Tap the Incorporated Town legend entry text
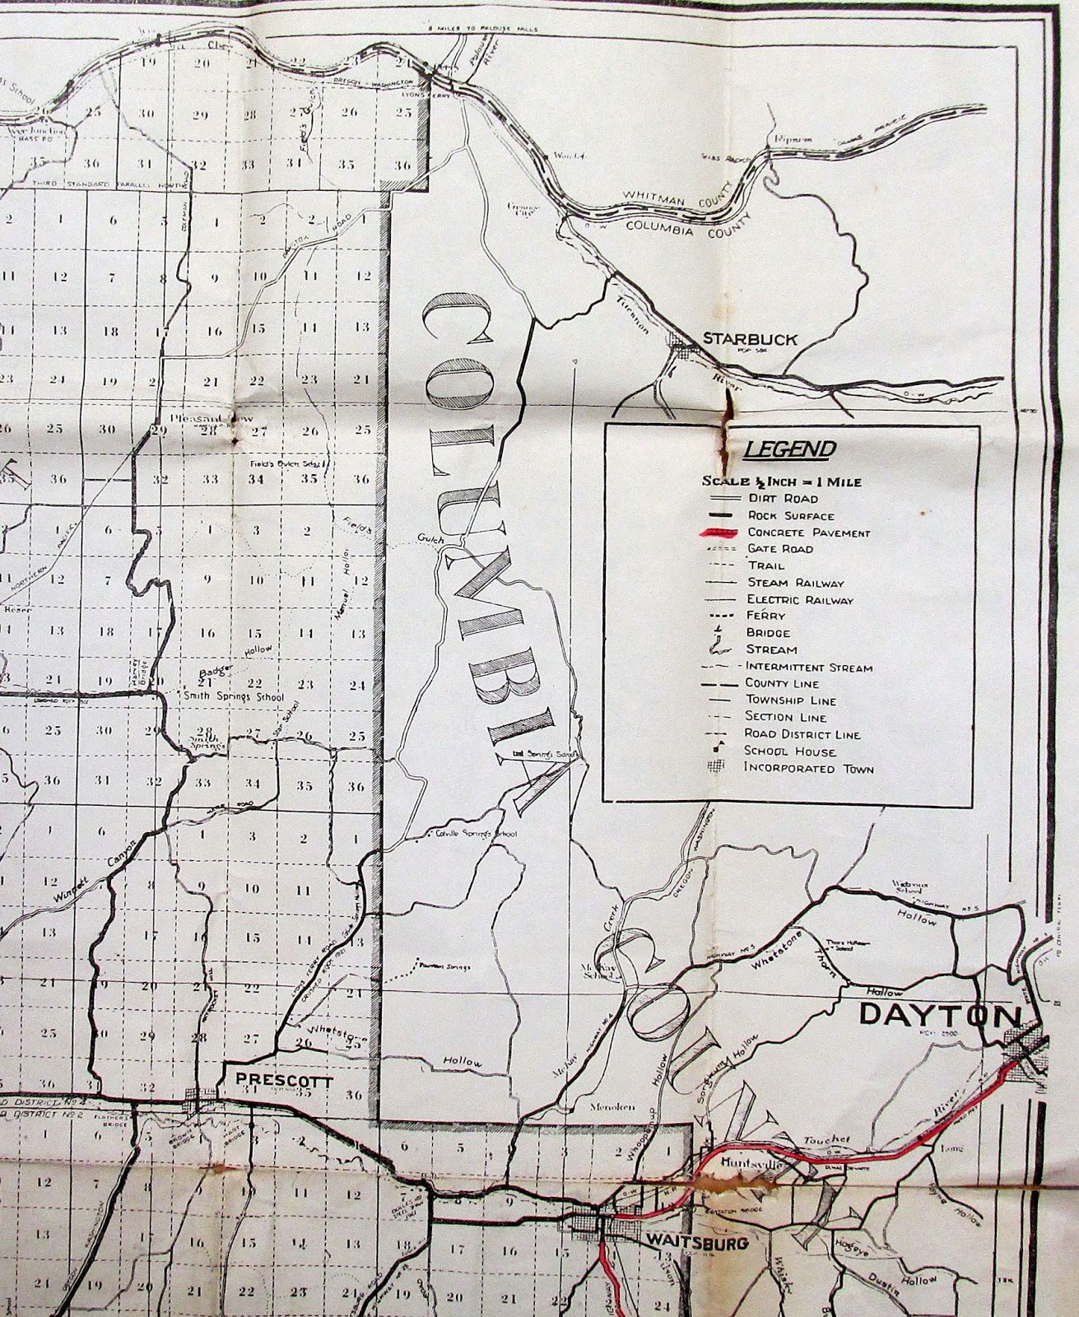coord(809,768)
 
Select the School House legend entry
coord(790,752)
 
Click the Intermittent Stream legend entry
coord(808,667)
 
